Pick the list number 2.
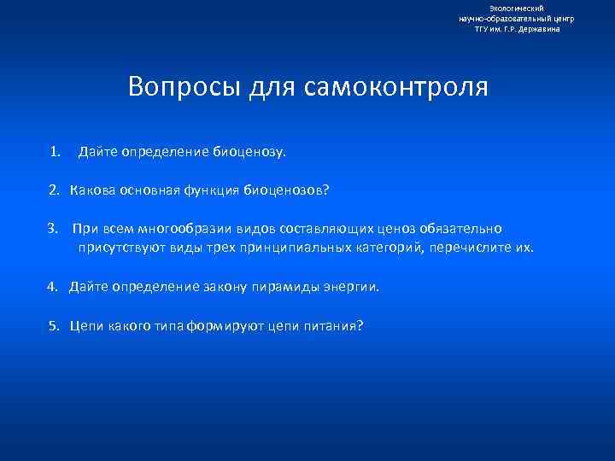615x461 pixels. (x=54, y=190)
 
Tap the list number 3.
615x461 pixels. (x=52, y=229)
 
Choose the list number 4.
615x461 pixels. (x=52, y=287)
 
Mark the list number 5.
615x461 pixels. (x=52, y=325)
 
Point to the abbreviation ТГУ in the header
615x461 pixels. (x=483, y=28)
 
